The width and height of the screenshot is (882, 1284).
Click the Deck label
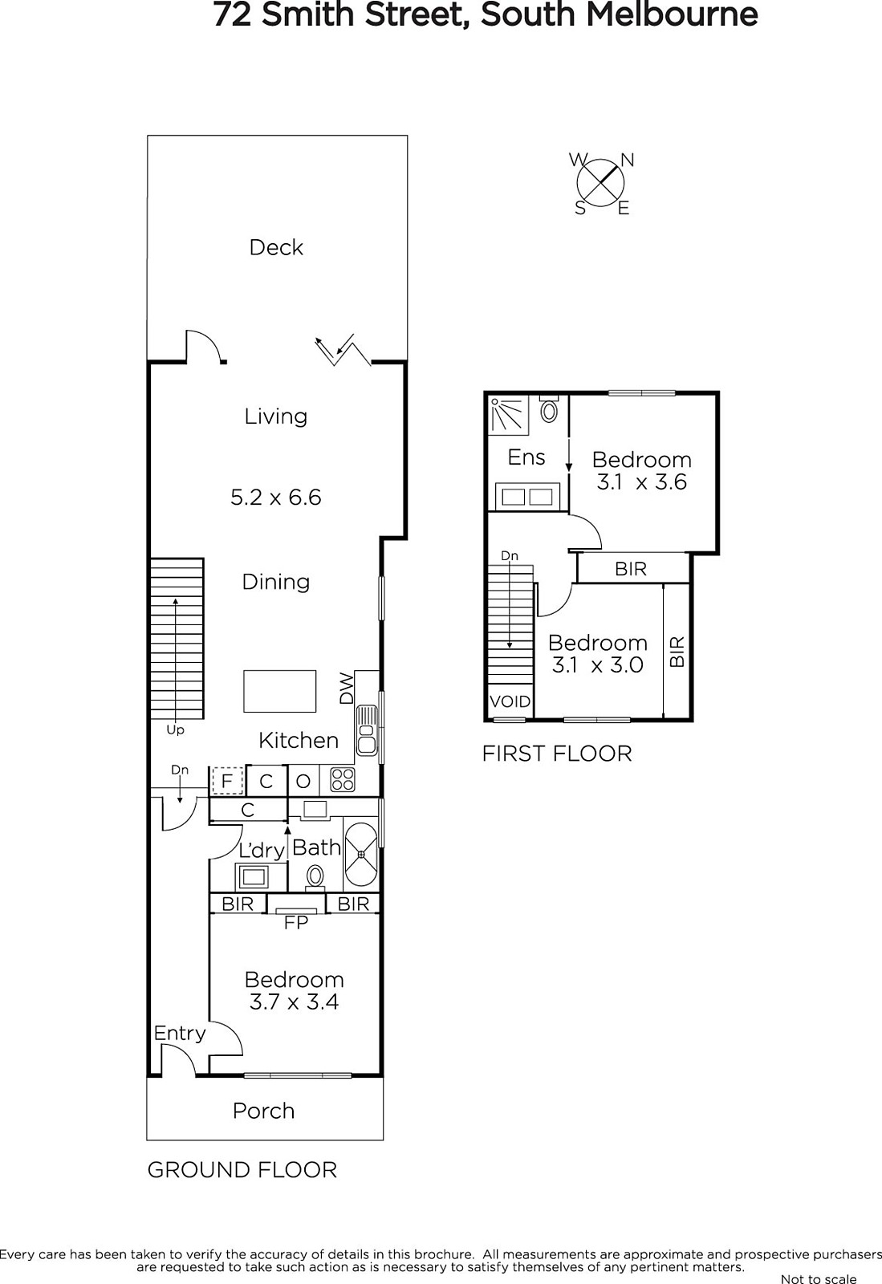pos(275,248)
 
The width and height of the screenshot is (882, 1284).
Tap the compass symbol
pos(600,183)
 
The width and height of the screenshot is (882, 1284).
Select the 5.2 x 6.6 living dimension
pos(275,497)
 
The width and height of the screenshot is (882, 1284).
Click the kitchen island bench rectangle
pos(279,691)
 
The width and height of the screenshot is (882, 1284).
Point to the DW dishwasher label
pos(347,687)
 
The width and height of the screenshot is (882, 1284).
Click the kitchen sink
pos(366,730)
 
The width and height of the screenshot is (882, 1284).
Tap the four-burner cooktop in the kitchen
pos(342,780)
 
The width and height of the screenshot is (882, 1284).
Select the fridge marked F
pos(227,781)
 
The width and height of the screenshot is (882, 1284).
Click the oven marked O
pos(303,781)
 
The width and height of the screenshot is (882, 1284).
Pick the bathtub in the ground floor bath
pos(361,854)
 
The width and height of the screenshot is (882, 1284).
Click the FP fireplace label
pos(295,922)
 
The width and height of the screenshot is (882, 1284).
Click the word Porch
pos(263,1111)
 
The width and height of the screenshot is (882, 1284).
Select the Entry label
pos(180,1033)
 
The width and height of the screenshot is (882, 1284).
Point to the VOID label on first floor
pos(510,701)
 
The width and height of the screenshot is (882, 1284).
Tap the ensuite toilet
pos(549,408)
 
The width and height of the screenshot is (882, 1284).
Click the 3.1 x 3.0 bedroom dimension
pos(598,665)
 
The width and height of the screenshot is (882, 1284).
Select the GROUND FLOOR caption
pos(242,1170)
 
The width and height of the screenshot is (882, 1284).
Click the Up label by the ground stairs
pos(175,730)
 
